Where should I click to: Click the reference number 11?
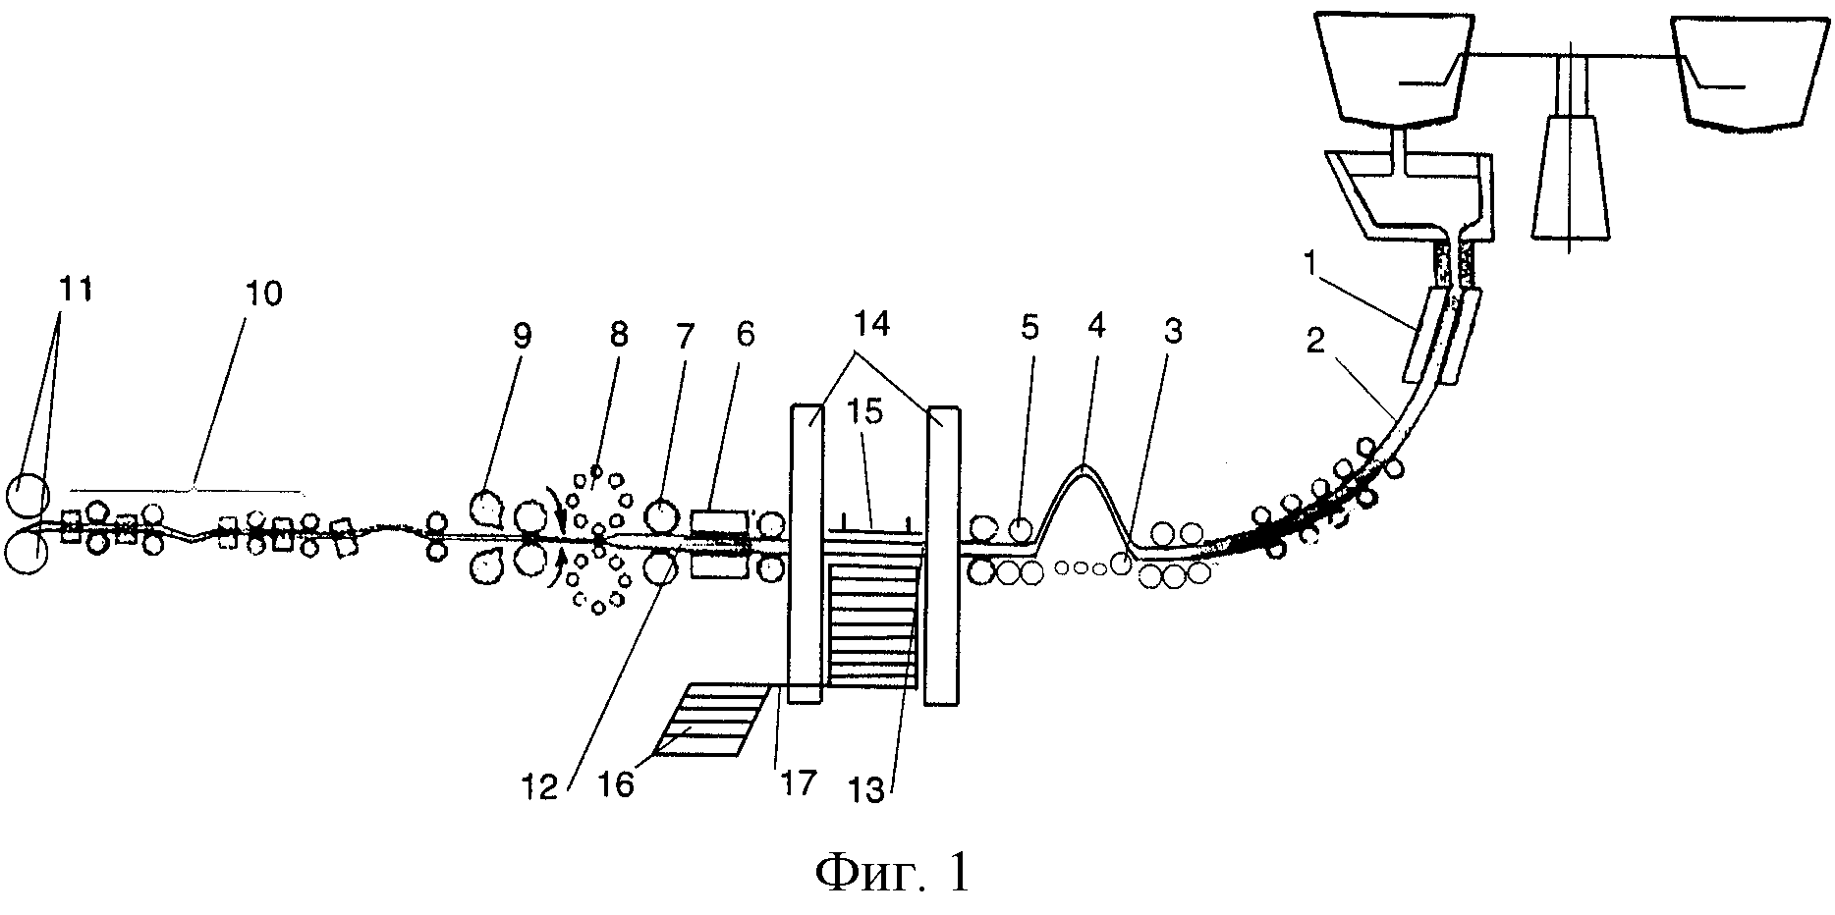coord(80,291)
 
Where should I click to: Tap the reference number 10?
coord(264,293)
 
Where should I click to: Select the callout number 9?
coord(522,336)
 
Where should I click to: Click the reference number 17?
coord(798,783)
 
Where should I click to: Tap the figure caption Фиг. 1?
coord(892,870)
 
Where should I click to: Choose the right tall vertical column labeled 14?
coord(942,555)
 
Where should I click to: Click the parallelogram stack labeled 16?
coord(711,720)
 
